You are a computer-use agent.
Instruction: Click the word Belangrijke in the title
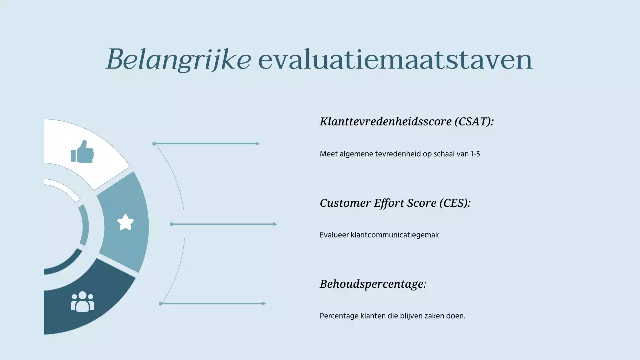coord(178,60)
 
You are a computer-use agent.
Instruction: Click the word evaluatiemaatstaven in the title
coord(395,60)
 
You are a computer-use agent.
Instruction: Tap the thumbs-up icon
coord(82,151)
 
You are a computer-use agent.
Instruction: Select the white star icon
coord(125,222)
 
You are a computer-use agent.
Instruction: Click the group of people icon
coord(82,302)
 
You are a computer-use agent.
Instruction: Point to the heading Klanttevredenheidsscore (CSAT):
coord(406,121)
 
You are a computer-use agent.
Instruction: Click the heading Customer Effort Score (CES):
coord(395,203)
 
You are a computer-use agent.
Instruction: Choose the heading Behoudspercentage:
coord(373,284)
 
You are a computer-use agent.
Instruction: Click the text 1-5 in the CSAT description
coord(475,154)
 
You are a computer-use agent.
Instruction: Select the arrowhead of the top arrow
coord(257,144)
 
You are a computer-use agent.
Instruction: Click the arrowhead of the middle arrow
coord(274,224)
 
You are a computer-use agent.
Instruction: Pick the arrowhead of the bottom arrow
coord(263,304)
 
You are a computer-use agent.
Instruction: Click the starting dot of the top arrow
coord(154,144)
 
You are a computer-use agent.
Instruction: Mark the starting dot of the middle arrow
coord(172,224)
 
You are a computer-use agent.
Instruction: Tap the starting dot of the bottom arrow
coord(161,304)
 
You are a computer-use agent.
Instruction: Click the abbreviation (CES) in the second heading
coord(454,203)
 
